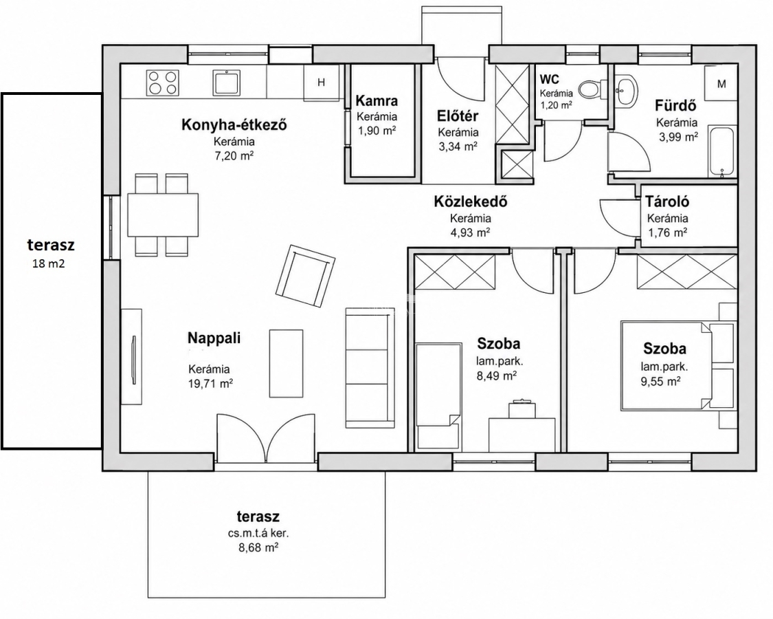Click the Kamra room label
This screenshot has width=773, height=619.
[377, 100]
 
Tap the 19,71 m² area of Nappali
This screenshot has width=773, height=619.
[210, 383]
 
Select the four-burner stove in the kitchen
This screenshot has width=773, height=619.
[162, 83]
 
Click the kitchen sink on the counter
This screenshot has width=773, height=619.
[227, 83]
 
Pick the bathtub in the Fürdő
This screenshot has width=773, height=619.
[721, 151]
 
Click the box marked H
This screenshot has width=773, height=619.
[322, 83]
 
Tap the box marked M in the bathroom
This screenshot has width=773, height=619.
[721, 83]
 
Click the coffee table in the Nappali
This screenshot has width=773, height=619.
[286, 363]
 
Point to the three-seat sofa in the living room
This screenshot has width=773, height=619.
[370, 368]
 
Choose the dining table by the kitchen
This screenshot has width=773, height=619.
[163, 215]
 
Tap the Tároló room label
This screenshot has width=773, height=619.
[667, 202]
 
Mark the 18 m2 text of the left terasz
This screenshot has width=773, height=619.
[48, 263]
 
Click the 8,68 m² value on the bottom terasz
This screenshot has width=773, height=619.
[258, 547]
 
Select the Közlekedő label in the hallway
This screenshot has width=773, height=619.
[470, 202]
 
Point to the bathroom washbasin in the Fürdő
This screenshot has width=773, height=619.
[626, 90]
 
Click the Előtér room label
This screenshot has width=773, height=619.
[458, 116]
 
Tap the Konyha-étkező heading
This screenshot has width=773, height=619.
[234, 125]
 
